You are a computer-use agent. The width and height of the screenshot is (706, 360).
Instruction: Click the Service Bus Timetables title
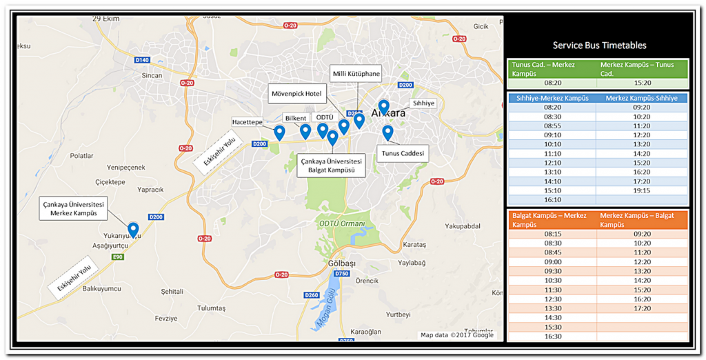tap(599, 46)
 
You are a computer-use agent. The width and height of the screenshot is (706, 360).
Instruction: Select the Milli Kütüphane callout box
tap(356, 74)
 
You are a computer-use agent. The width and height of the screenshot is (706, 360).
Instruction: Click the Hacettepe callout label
tap(248, 121)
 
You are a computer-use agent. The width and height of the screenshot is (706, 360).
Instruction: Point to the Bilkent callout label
tap(294, 118)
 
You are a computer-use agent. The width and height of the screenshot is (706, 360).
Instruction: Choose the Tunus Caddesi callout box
tap(402, 152)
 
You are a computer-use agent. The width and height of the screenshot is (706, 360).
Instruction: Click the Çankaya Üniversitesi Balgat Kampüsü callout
tap(331, 165)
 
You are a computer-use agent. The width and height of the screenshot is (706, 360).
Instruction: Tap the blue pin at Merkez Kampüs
tap(133, 230)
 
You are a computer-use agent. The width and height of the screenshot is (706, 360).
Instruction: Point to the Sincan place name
tap(152, 75)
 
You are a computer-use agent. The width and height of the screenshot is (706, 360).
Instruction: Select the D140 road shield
tap(142, 60)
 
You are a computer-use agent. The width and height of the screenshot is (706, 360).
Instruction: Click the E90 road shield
tap(118, 257)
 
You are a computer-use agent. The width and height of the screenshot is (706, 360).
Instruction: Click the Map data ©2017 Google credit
tap(457, 335)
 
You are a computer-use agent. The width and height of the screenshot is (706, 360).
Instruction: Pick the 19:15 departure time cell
tap(641, 190)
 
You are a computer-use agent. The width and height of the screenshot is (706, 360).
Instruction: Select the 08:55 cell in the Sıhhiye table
tap(552, 126)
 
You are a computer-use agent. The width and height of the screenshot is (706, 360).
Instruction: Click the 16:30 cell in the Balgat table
tap(553, 337)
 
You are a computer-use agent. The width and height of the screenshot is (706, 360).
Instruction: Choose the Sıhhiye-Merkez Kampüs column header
tap(552, 98)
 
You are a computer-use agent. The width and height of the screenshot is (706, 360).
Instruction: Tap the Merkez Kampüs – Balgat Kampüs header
tap(642, 220)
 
